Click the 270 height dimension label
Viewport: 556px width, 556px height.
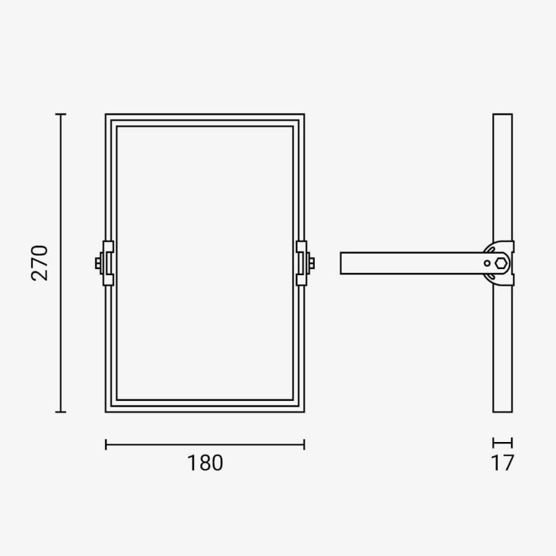[40, 263]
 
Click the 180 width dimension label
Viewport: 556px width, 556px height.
[205, 463]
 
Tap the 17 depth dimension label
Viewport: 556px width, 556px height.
[502, 463]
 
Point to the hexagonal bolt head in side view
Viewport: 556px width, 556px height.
[501, 263]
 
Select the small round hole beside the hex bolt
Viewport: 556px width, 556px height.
[487, 263]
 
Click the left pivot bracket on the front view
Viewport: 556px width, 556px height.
[108, 263]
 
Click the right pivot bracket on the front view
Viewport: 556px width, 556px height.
[302, 263]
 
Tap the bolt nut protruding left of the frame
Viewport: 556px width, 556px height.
[98, 263]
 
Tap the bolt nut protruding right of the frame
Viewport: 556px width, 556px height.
[311, 263]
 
